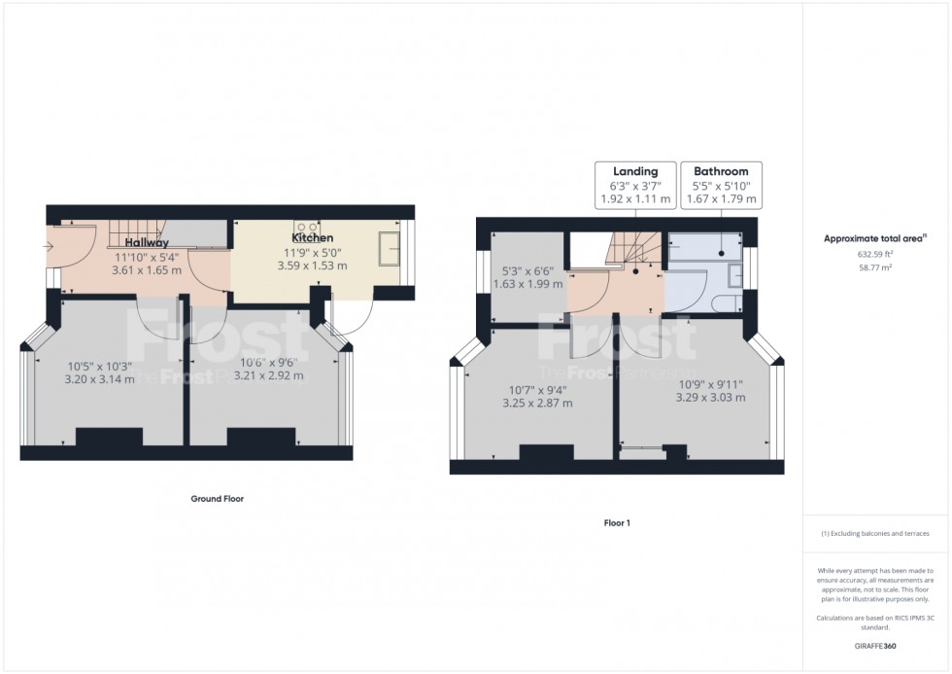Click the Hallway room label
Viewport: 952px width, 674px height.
147,243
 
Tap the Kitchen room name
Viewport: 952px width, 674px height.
313,238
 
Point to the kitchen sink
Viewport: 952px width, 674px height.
392,249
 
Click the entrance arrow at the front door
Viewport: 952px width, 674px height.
49,247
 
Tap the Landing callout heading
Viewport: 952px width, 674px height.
635,171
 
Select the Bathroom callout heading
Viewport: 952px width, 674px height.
721,171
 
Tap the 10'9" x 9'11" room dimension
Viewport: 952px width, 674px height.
710,383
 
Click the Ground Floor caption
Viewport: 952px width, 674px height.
216,499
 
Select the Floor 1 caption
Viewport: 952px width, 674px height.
617,523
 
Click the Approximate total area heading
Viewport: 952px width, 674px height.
874,238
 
